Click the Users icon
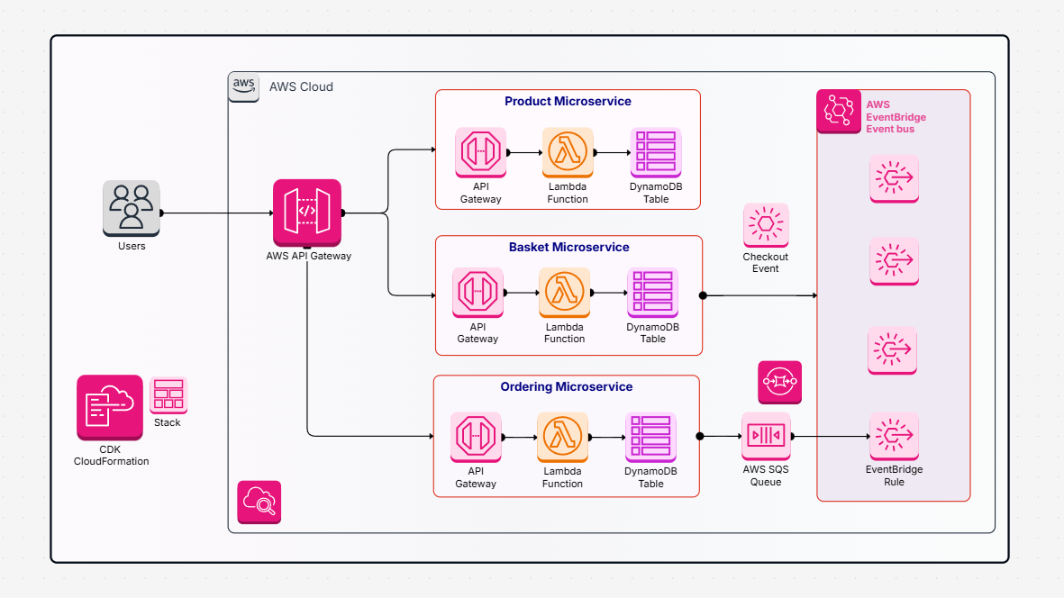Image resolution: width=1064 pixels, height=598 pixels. tap(132, 207)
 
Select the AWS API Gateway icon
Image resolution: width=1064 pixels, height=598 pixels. tap(307, 212)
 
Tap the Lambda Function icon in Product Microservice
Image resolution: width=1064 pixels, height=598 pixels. tap(568, 152)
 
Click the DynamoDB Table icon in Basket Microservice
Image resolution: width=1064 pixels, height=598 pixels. tap(652, 293)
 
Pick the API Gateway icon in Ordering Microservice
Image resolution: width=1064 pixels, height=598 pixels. tap(476, 438)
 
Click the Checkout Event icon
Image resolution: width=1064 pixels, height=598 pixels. tap(766, 225)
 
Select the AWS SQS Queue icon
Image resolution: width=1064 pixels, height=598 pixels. tap(766, 437)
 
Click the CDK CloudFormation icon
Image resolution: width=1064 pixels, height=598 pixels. tap(110, 407)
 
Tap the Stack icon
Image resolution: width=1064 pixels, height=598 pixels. tap(168, 395)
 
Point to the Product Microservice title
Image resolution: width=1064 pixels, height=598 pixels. tap(568, 102)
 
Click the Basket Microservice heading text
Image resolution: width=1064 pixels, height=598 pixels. tap(568, 248)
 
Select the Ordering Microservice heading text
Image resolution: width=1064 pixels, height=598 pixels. tap(567, 387)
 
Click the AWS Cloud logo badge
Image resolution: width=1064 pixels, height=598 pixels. tap(243, 87)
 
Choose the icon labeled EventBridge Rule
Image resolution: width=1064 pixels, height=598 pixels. tap(894, 437)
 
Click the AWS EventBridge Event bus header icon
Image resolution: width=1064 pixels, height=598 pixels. tap(839, 112)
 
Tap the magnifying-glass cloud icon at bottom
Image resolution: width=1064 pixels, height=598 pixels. tap(259, 502)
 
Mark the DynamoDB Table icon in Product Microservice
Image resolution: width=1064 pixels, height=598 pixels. tap(656, 152)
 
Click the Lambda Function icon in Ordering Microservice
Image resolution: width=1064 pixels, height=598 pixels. tap(562, 438)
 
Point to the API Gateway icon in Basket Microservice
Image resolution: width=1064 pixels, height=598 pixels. tap(477, 293)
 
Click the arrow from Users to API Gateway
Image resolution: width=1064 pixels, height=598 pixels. tap(216, 213)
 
